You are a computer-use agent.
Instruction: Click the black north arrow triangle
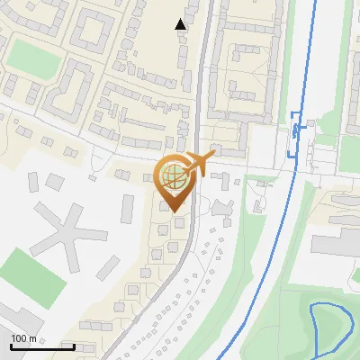coord(181,24)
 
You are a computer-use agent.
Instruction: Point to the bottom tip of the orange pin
coord(174,212)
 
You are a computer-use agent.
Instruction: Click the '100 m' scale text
coord(24,337)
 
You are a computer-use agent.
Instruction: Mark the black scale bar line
coord(42,346)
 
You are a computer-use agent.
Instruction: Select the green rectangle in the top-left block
coord(36,58)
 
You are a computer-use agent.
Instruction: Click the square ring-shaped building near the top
coord(91,31)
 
